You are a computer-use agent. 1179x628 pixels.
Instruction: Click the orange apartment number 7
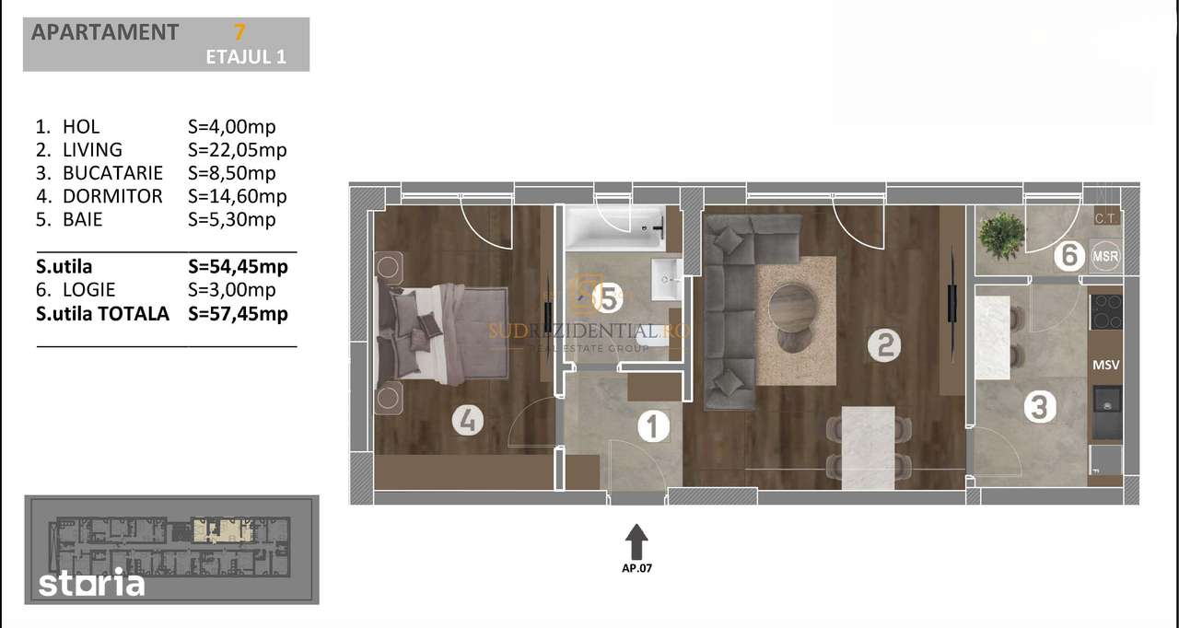pyautogui.click(x=239, y=32)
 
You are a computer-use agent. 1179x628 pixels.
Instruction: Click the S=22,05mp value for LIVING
pyautogui.click(x=237, y=150)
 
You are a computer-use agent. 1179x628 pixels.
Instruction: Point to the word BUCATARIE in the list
pyautogui.click(x=112, y=173)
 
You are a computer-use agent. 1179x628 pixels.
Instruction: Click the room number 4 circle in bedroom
pyautogui.click(x=468, y=422)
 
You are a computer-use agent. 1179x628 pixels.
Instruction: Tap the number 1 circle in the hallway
pyautogui.click(x=652, y=426)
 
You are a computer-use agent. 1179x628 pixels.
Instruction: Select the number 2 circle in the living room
pyautogui.click(x=884, y=346)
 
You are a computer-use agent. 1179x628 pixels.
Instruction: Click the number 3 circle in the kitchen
pyautogui.click(x=1039, y=407)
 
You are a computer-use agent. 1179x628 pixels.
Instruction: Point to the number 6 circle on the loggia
pyautogui.click(x=1068, y=255)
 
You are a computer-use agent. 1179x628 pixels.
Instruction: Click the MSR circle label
pyautogui.click(x=1105, y=255)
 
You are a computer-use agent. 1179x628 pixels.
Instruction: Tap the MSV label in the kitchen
pyautogui.click(x=1105, y=366)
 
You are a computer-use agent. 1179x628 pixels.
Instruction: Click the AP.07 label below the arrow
pyautogui.click(x=636, y=568)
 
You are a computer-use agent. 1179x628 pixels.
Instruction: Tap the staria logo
pyautogui.click(x=91, y=584)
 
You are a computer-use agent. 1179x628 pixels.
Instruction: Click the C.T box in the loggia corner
pyautogui.click(x=1105, y=218)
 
